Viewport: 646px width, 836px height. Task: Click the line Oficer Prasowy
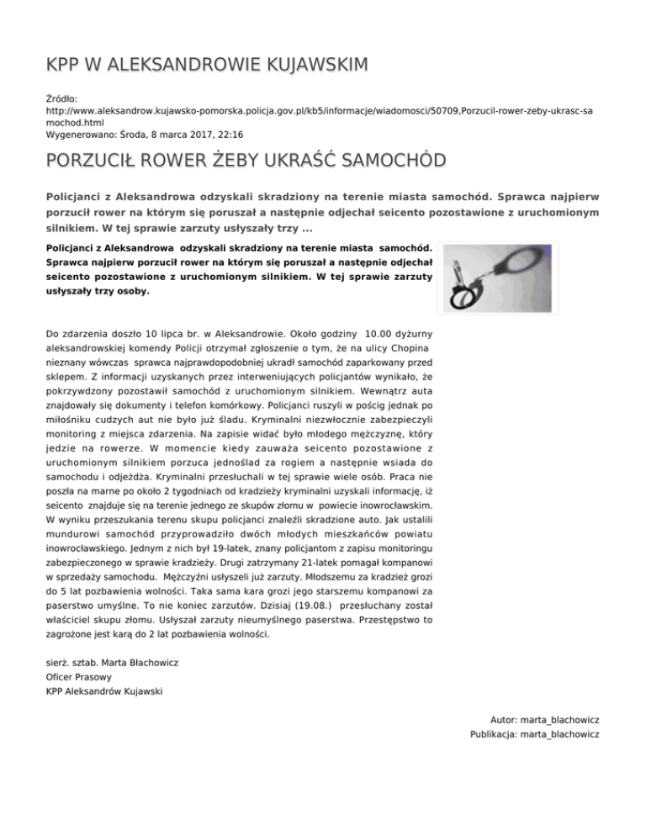pos(80,676)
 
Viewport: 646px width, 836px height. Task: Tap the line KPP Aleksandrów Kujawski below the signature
pos(105,691)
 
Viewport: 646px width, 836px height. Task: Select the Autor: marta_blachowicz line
pos(545,720)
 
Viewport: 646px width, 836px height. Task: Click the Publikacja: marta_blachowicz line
pos(535,735)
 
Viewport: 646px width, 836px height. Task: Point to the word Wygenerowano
pos(84,134)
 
